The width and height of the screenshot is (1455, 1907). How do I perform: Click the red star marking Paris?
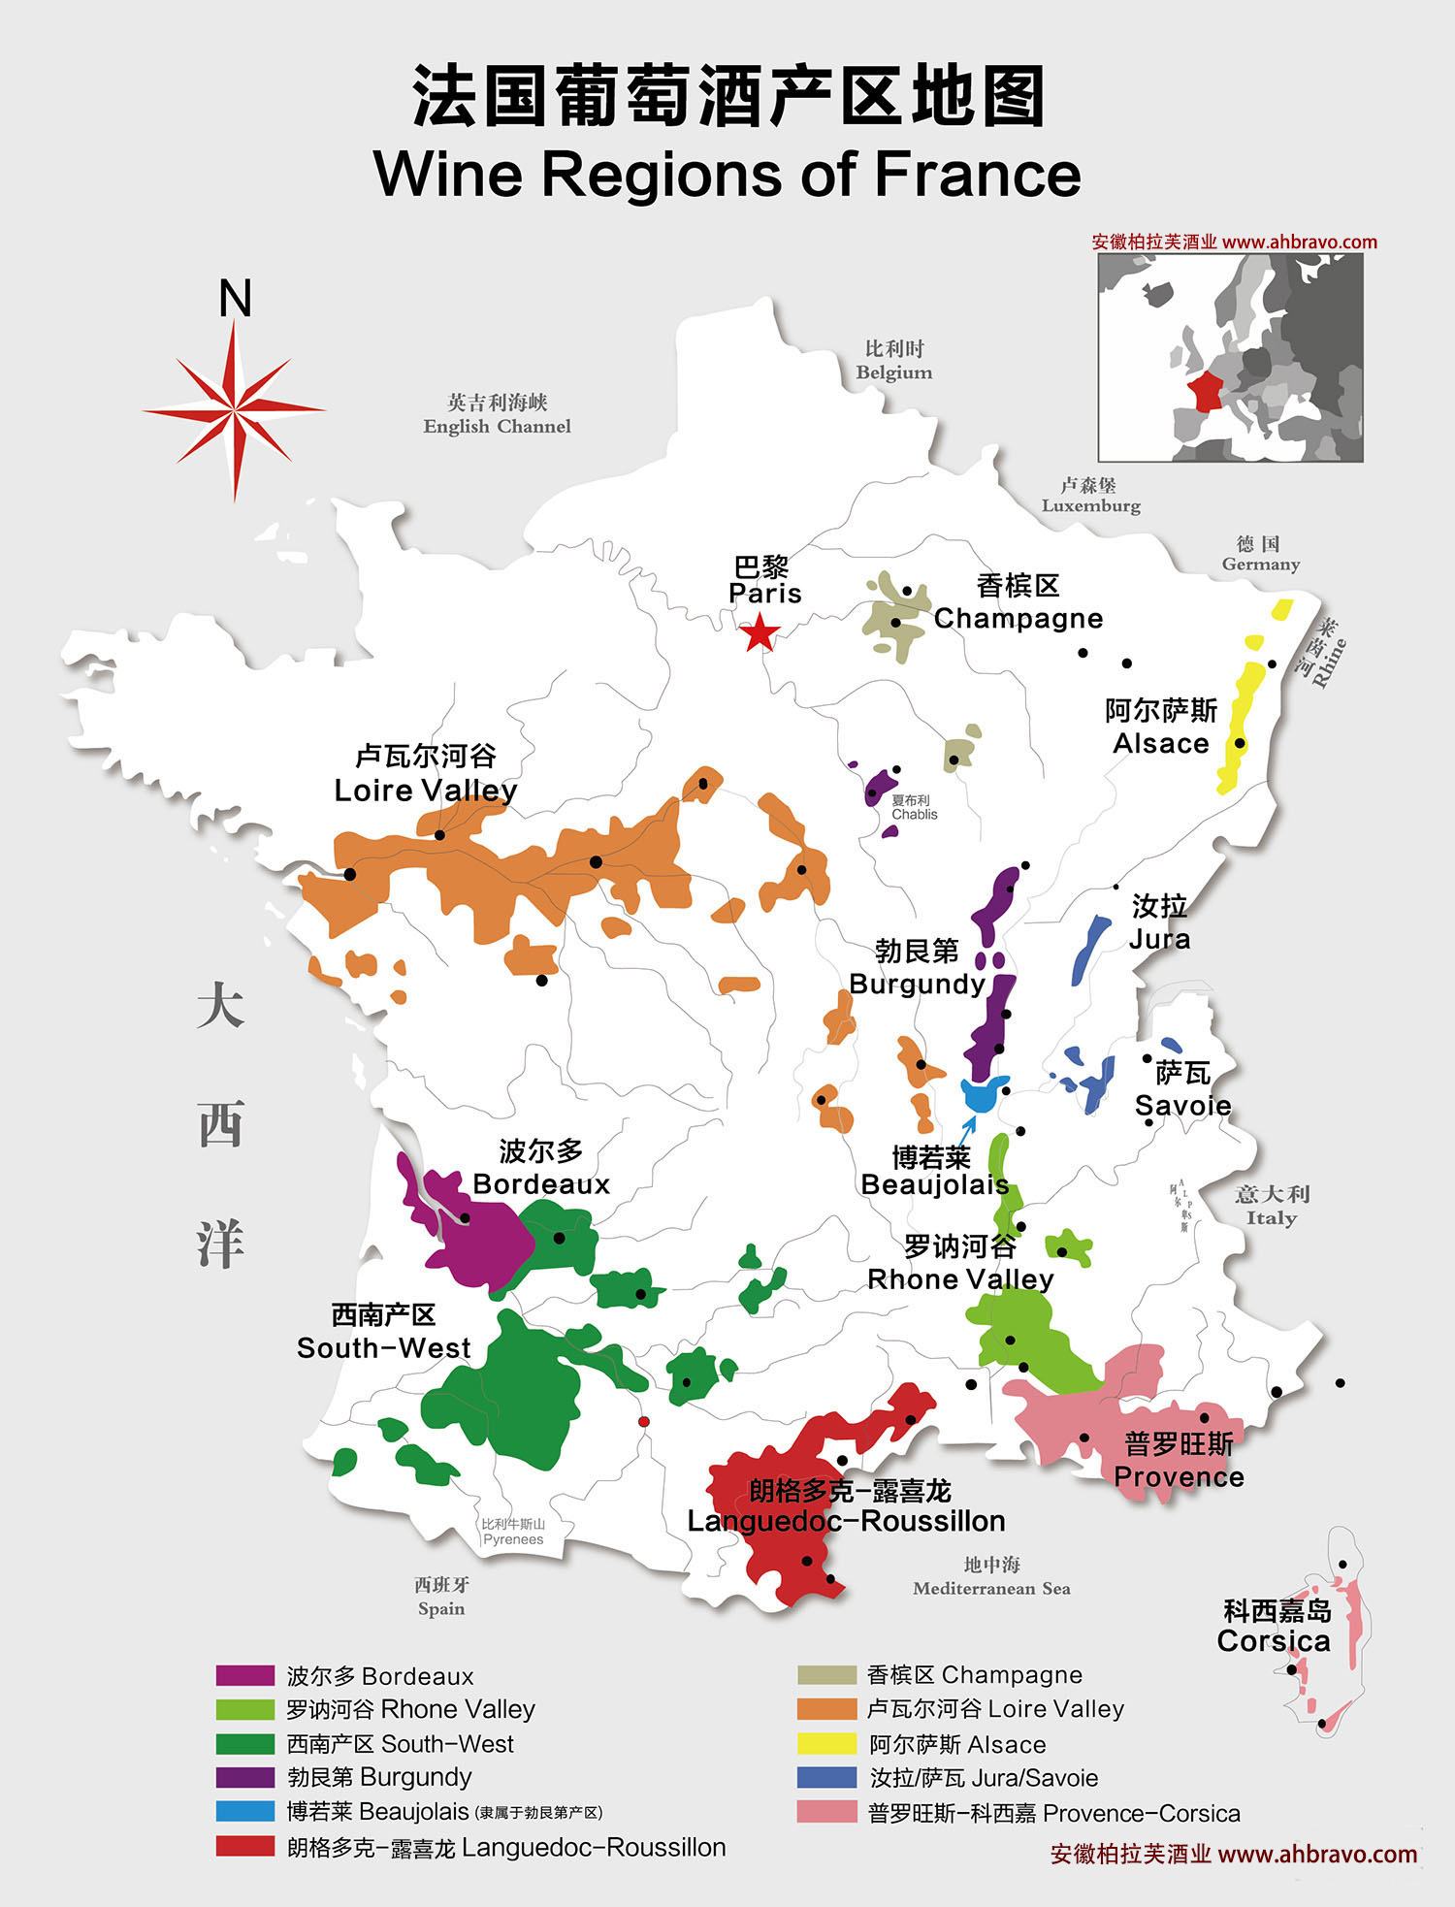[759, 634]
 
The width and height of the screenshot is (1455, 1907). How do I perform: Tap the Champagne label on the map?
[1018, 618]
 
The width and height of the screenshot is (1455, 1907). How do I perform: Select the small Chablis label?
[915, 815]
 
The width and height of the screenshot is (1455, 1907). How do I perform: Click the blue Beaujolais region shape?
[983, 1093]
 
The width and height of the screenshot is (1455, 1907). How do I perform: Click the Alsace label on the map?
[1160, 744]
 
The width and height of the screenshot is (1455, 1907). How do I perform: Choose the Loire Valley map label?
[425, 791]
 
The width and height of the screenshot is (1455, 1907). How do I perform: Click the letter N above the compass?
[235, 299]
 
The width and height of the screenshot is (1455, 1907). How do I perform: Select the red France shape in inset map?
[1207, 392]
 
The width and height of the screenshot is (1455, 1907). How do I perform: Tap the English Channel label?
[497, 426]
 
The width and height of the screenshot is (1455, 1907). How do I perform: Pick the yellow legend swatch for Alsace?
[826, 1744]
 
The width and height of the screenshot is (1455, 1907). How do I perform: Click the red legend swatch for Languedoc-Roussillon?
[245, 1846]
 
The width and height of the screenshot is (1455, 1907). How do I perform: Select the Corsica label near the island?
[1274, 1640]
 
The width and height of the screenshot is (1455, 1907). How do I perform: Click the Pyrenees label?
[513, 1539]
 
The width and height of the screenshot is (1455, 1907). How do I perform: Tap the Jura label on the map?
[1159, 939]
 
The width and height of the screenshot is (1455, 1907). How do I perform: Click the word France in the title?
[976, 175]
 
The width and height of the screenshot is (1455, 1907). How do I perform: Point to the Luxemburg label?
[1090, 505]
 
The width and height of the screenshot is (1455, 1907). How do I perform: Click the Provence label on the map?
[1179, 1476]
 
